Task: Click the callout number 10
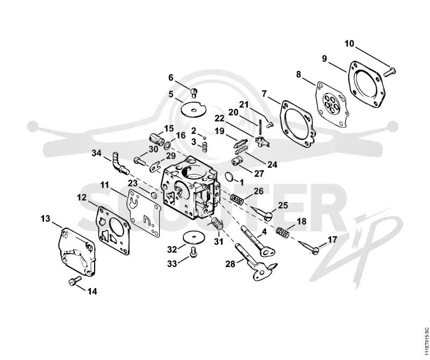click(x=349, y=44)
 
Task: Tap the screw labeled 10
click(x=390, y=71)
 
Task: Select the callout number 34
click(x=96, y=153)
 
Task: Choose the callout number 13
click(x=46, y=219)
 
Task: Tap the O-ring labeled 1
click(x=230, y=177)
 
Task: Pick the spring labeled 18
click(x=283, y=232)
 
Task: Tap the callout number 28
click(x=231, y=264)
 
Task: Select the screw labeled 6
click(x=194, y=92)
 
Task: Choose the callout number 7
click(x=264, y=94)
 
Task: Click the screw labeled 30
click(x=139, y=161)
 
